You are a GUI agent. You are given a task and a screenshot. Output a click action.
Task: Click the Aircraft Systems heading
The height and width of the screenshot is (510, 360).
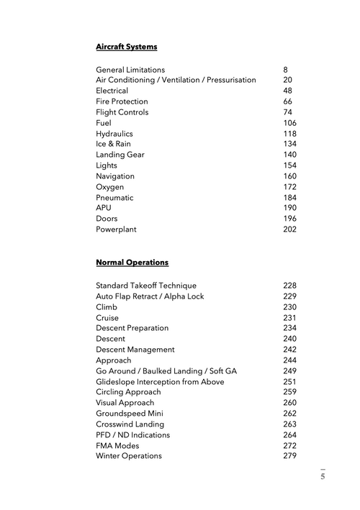(x=126, y=47)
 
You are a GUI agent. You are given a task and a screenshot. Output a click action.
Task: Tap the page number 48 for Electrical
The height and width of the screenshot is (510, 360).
(x=287, y=91)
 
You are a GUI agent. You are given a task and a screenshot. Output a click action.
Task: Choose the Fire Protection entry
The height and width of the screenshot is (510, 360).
(x=122, y=101)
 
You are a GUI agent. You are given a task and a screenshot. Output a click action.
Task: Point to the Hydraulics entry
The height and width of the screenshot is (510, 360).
(x=114, y=134)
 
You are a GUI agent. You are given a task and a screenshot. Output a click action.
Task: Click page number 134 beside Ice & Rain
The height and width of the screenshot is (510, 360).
(x=289, y=144)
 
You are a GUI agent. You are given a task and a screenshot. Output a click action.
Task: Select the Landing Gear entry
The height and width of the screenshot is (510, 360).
(x=121, y=155)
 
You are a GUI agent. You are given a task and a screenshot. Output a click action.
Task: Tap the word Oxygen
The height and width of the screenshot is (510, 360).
(x=109, y=187)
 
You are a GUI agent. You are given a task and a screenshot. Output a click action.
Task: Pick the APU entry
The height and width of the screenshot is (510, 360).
(x=104, y=208)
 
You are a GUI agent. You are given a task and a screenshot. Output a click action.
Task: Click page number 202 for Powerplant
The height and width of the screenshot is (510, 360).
(x=289, y=229)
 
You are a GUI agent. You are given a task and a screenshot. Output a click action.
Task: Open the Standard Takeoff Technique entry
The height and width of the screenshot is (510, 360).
(x=145, y=286)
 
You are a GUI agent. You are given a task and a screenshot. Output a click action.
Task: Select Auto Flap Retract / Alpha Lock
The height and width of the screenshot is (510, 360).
(x=150, y=296)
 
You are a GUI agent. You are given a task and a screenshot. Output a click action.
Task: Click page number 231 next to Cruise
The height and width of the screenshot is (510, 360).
(x=289, y=318)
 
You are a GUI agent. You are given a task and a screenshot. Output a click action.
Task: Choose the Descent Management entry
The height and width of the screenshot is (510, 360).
(x=135, y=350)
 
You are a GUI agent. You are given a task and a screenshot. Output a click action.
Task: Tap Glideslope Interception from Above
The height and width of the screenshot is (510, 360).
(x=160, y=382)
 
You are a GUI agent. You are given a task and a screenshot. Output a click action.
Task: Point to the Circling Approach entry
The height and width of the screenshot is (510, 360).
(x=128, y=392)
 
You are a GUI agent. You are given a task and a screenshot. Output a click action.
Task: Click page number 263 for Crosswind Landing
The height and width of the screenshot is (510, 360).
(x=289, y=424)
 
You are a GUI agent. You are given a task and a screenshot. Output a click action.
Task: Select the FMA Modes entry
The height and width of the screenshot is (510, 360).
(x=119, y=446)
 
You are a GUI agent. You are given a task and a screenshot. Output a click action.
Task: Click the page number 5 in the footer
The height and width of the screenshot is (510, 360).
(x=323, y=476)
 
